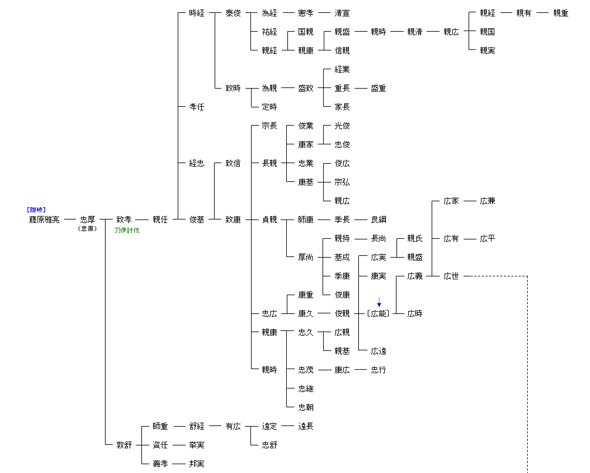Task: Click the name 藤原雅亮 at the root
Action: coord(45,219)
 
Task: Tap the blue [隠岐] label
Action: coord(36,210)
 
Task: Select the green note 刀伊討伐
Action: coord(127,231)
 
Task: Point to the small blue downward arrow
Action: coord(379,302)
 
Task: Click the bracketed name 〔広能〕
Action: coord(379,313)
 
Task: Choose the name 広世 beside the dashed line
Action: coord(451,276)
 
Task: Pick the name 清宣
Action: coord(342,13)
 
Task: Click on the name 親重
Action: coord(561,13)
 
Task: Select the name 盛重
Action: coord(378,88)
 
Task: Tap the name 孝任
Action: coord(196,107)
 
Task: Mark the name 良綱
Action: coord(378,219)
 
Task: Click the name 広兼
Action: coord(487,201)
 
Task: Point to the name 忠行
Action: coord(378,370)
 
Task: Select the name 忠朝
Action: coord(306,407)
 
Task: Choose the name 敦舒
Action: coord(124,445)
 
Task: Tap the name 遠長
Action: coord(306,426)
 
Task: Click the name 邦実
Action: coord(196,464)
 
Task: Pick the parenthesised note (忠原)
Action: coord(87,229)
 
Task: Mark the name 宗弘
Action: coord(342,182)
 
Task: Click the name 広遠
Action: coord(378,351)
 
